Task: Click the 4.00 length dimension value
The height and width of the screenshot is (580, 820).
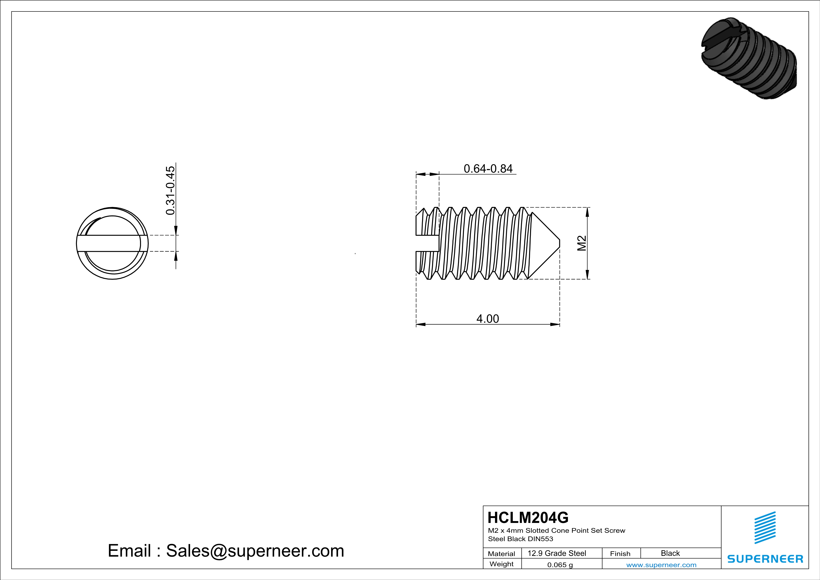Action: point(488,319)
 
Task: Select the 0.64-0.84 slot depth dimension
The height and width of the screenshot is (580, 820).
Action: point(488,169)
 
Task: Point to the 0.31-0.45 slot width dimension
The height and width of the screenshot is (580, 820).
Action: point(171,190)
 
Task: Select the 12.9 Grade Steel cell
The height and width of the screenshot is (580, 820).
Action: point(557,553)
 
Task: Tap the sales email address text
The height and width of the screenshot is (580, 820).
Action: point(226,551)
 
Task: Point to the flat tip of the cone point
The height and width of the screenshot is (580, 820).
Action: point(559,243)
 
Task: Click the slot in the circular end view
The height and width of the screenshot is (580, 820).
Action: point(112,243)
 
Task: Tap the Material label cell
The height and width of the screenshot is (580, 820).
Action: point(502,554)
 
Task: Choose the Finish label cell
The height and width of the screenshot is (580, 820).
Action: point(620,554)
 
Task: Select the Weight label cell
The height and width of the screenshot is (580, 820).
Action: point(502,564)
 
